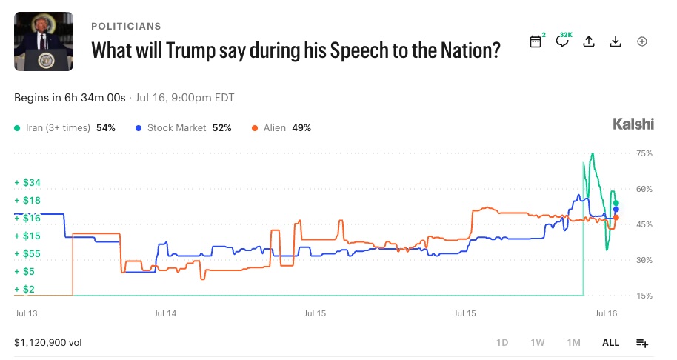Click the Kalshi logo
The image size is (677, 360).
[633, 124]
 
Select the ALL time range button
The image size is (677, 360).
[610, 343]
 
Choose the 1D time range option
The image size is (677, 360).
[502, 343]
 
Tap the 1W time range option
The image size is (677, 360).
[538, 343]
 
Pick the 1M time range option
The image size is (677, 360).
[573, 343]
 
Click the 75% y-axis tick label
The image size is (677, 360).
[644, 153]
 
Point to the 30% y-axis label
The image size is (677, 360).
[644, 260]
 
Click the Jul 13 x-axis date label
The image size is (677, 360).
[27, 313]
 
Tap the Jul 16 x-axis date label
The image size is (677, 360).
[606, 313]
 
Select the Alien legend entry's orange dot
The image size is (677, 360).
[255, 128]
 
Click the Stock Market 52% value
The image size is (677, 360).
[222, 127]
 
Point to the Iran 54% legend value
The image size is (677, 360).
[106, 127]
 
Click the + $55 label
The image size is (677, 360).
[27, 254]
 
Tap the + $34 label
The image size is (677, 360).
[27, 182]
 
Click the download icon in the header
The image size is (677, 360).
[616, 41]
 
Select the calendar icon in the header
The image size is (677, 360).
[536, 41]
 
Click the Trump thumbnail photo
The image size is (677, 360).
[44, 41]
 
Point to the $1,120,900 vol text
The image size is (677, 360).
[48, 343]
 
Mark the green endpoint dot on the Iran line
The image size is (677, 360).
[616, 203]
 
